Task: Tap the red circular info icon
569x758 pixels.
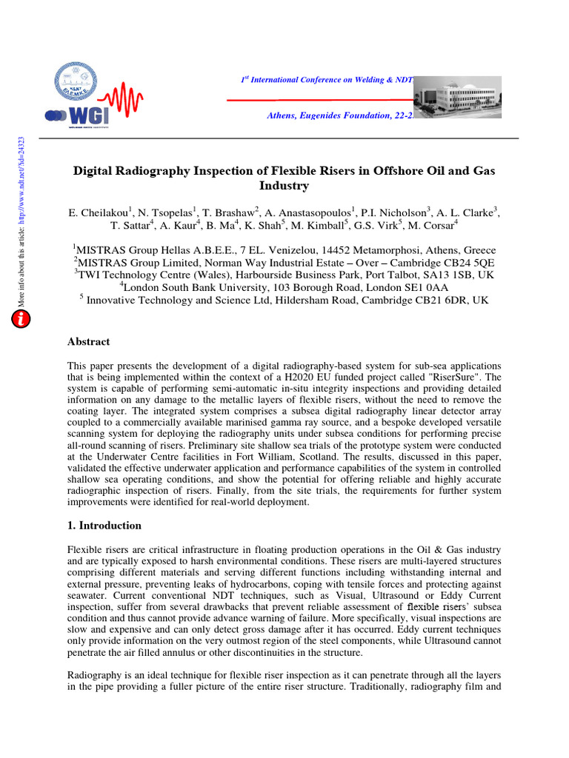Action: tap(21, 319)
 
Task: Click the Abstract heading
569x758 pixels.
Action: tap(89, 342)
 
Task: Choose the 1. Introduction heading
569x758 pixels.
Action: tap(104, 526)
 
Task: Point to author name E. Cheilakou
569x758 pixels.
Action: tap(100, 213)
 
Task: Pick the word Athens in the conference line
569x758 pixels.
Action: tap(285, 116)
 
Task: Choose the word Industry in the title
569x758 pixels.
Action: tap(284, 186)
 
